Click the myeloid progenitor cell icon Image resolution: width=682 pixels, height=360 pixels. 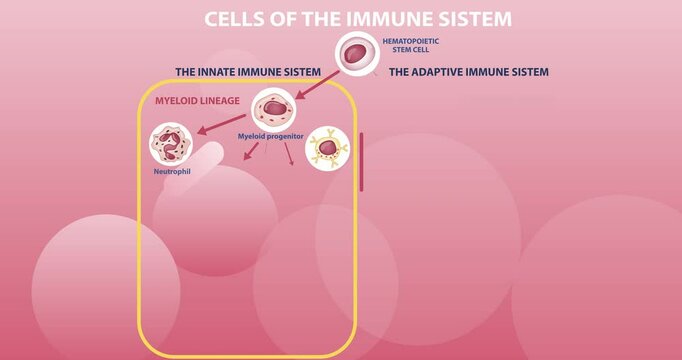pyautogui.click(x=273, y=109)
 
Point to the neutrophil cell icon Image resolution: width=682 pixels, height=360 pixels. pyautogui.click(x=171, y=143)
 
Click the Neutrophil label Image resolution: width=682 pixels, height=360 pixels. pyautogui.click(x=171, y=171)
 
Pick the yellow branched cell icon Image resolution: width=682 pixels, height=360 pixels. pyautogui.click(x=327, y=147)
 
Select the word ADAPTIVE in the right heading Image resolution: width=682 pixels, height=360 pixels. pyautogui.click(x=444, y=72)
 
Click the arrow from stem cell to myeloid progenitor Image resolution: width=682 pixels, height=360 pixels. pyautogui.click(x=316, y=84)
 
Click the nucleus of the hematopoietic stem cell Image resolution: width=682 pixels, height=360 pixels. pyautogui.click(x=354, y=54)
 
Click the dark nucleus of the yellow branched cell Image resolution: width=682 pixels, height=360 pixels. pyautogui.click(x=327, y=148)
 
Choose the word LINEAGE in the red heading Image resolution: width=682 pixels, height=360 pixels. pyautogui.click(x=220, y=100)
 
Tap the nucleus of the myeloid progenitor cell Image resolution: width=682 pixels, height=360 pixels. pyautogui.click(x=273, y=108)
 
